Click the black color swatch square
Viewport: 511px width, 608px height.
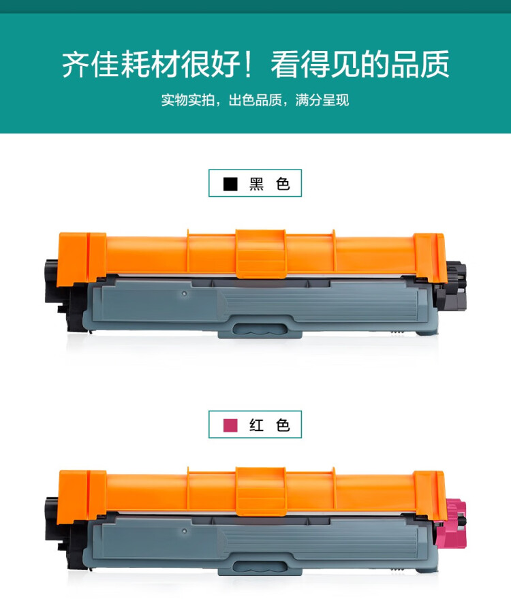coord(230,184)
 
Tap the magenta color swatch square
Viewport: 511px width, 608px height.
coord(230,426)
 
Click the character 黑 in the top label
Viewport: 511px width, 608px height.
coord(256,184)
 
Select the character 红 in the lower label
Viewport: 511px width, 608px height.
coord(256,426)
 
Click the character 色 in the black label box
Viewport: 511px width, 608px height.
coord(283,184)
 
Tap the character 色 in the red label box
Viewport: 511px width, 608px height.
coord(283,426)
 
